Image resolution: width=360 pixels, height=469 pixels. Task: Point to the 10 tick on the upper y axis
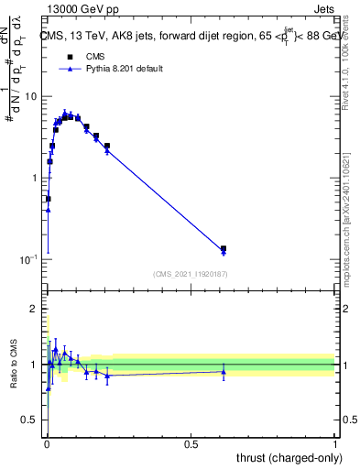coord(31,96)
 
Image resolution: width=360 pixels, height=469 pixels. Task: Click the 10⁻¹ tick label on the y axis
coord(30,259)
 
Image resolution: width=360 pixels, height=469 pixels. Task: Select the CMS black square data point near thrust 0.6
coord(224,248)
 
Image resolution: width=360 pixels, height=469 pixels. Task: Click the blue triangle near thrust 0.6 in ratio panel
coord(224,371)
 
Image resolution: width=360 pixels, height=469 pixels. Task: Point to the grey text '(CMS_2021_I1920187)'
coord(191,274)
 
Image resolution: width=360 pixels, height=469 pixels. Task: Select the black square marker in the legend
coord(70,56)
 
